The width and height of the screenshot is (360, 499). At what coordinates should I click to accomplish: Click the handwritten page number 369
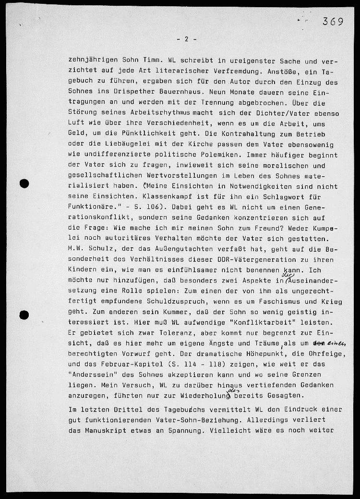(333, 21)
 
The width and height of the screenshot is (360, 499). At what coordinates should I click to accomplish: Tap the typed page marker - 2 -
(186, 39)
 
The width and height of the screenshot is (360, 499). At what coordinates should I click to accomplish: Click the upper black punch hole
(24, 183)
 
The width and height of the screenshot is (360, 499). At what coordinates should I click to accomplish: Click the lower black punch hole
(24, 315)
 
